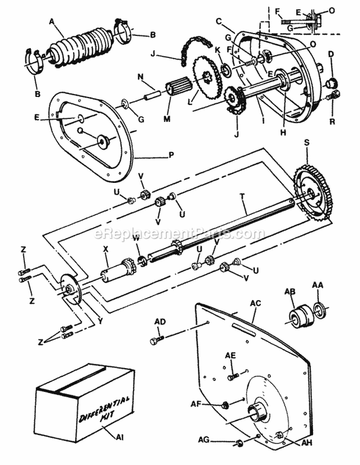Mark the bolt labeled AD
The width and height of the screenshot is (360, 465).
pos(156,341)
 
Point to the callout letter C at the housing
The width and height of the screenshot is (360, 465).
pos(219,22)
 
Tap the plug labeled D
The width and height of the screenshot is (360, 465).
pos(330,84)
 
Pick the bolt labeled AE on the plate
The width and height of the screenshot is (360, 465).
pos(233,377)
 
